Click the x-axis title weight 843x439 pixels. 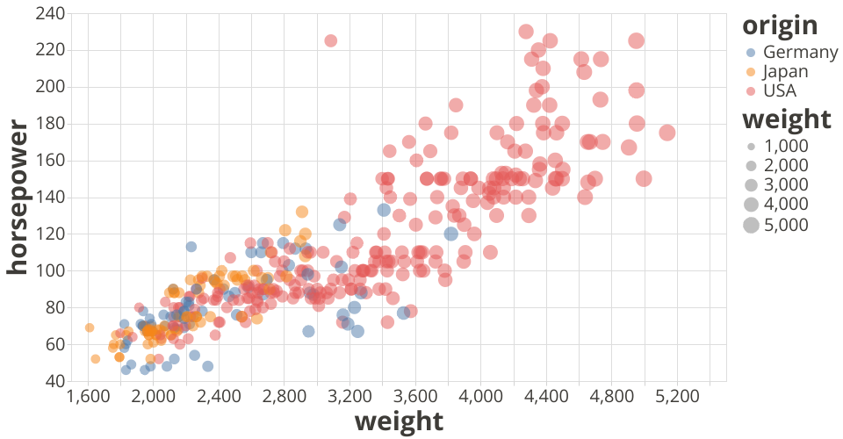[399, 421]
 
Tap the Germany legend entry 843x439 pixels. [800, 52]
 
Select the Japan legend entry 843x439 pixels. [785, 71]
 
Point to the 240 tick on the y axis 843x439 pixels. [51, 13]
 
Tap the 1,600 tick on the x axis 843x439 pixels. [88, 397]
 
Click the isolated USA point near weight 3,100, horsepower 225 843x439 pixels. [331, 40]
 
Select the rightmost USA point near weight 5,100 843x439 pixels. [667, 133]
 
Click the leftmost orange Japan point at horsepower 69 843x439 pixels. [90, 327]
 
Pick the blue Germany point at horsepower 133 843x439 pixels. [384, 210]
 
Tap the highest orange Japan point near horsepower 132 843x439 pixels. [302, 212]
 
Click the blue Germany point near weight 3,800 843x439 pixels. [451, 234]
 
